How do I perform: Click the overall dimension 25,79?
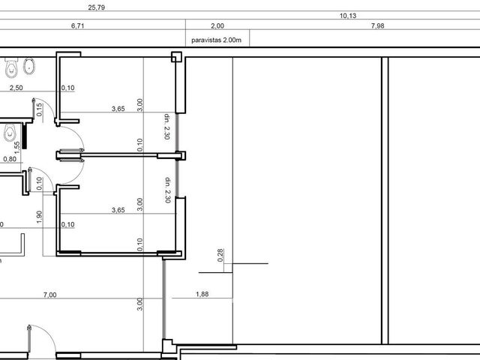(x=97, y=7)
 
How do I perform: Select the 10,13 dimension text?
(x=348, y=16)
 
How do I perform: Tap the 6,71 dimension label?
(x=77, y=25)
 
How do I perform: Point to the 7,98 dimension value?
(x=377, y=25)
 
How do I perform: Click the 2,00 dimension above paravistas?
(x=217, y=25)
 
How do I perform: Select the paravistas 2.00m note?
(x=217, y=40)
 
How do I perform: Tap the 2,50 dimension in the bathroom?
(x=16, y=88)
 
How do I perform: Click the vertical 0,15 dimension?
(x=40, y=109)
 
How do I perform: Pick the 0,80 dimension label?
(x=10, y=159)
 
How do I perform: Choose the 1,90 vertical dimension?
(x=40, y=217)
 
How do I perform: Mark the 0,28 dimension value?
(x=220, y=255)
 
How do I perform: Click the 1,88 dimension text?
(x=202, y=294)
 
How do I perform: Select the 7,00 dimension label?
(x=49, y=295)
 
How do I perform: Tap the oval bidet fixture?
(x=29, y=66)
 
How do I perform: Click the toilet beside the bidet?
(x=11, y=67)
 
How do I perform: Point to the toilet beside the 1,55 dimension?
(x=10, y=133)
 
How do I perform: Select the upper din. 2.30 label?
(x=166, y=127)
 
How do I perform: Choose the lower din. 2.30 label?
(x=168, y=190)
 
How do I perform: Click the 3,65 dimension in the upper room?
(x=118, y=109)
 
